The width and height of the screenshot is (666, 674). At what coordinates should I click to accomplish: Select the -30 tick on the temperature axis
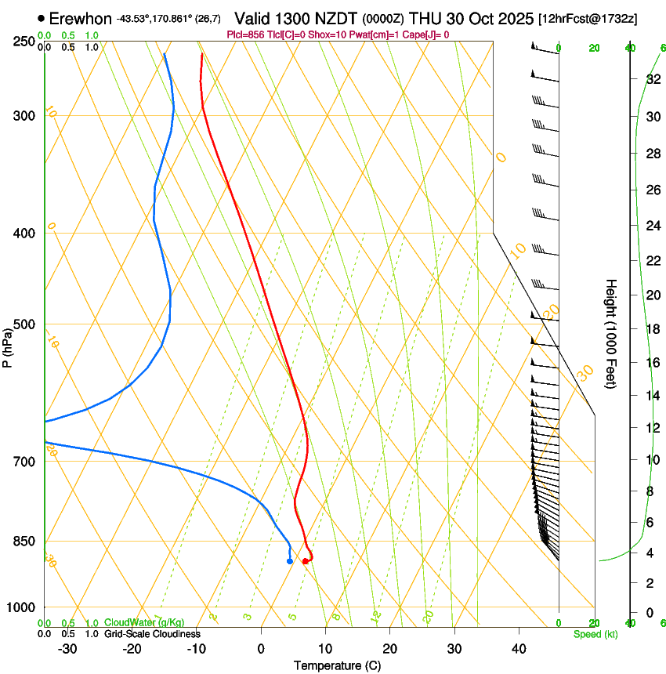click(x=67, y=648)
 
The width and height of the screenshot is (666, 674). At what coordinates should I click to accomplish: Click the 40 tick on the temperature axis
click(x=518, y=648)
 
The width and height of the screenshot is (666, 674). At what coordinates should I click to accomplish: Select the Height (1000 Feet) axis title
click(x=611, y=333)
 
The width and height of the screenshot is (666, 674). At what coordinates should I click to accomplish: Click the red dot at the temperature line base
click(x=305, y=561)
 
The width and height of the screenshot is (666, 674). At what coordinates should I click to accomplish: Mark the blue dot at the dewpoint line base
click(x=290, y=561)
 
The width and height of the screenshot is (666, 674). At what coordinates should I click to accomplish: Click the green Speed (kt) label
click(x=595, y=634)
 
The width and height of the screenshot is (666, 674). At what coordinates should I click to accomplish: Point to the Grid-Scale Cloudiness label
click(x=152, y=634)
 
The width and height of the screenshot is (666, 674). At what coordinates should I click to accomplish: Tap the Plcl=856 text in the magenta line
click(x=244, y=34)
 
